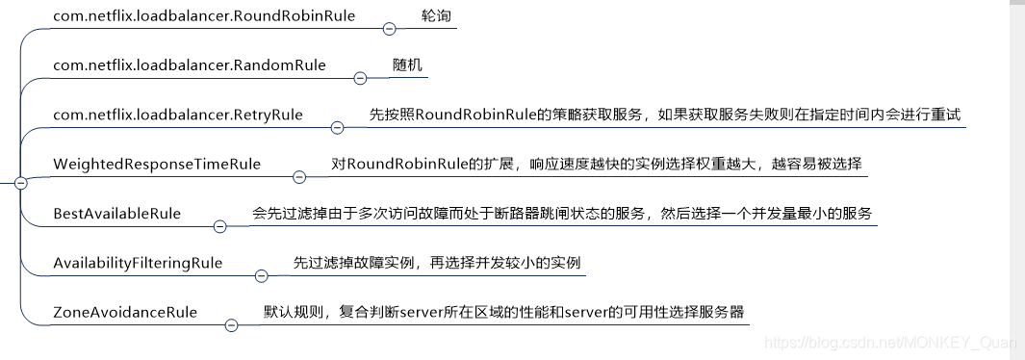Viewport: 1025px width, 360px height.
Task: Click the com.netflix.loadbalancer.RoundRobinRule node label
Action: pos(191,16)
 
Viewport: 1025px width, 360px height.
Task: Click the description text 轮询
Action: pos(435,16)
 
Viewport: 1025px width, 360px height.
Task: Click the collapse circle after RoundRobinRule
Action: pos(389,29)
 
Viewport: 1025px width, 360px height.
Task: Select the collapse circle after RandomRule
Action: pos(360,78)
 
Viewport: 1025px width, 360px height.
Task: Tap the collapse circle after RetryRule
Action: pos(337,127)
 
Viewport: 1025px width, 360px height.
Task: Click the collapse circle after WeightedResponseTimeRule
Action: pos(298,176)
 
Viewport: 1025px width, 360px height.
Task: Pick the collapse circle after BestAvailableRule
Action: pos(219,226)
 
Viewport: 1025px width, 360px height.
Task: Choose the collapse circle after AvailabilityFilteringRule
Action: pos(261,275)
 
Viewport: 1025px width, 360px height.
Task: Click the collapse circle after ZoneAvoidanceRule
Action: pos(230,325)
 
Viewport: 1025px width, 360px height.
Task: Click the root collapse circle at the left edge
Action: pos(20,182)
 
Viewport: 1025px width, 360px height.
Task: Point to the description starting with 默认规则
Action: pos(505,312)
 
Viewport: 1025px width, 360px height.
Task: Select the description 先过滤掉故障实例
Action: pos(437,263)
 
